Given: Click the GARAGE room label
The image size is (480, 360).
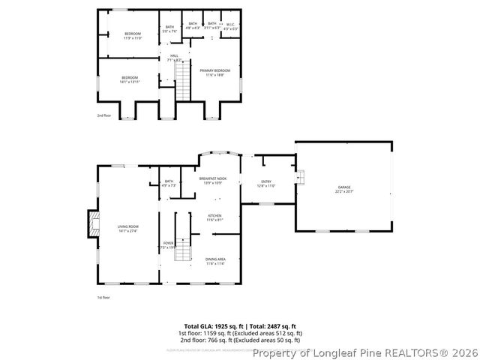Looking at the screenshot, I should (x=343, y=187).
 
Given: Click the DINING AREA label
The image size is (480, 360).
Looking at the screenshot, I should (x=215, y=259).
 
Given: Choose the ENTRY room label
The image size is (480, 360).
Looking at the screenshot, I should (x=266, y=181).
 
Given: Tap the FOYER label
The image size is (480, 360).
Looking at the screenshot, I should (x=168, y=243).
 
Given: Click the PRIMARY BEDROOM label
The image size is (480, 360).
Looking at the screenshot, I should (x=215, y=70).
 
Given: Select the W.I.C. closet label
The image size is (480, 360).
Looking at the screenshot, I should (x=230, y=24).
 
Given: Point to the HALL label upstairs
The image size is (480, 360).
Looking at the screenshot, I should (x=173, y=55).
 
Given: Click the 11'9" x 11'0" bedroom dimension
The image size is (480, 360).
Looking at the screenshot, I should (x=132, y=37).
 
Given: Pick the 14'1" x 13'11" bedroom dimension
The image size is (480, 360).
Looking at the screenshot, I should (x=130, y=81).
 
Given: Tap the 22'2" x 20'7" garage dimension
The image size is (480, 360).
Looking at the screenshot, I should (x=343, y=192).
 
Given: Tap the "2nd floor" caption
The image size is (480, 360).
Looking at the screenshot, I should (x=103, y=115).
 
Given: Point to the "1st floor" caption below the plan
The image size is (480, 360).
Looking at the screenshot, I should (x=103, y=298).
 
